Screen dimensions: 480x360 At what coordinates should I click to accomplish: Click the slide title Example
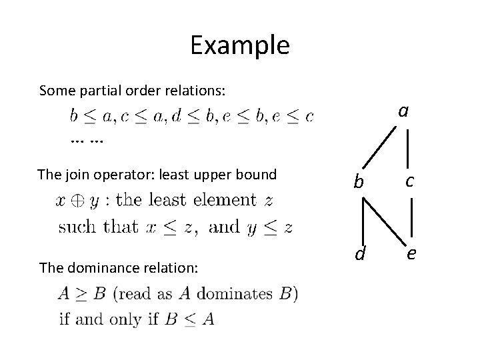point(239,45)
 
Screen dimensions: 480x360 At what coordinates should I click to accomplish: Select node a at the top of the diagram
point(403,111)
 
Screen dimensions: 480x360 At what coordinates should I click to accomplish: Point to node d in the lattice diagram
point(359,253)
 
